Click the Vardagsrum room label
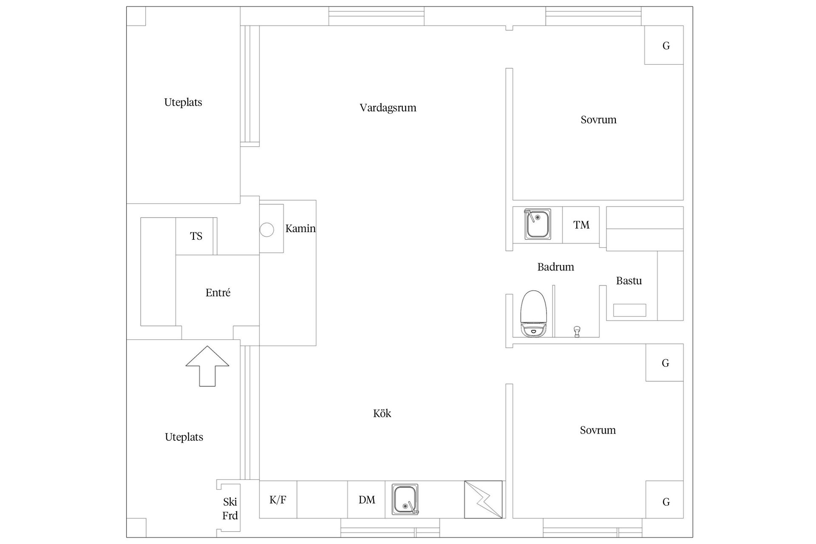(x=388, y=108)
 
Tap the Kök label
(x=382, y=414)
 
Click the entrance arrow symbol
(x=207, y=366)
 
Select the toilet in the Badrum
(x=533, y=313)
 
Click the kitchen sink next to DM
(x=405, y=499)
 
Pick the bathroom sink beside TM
(x=538, y=224)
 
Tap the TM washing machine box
(x=581, y=225)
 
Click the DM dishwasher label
(x=366, y=500)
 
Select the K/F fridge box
(x=278, y=500)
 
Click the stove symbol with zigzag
(x=483, y=499)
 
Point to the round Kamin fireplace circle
(x=267, y=230)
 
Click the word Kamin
(x=300, y=229)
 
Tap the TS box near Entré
(x=196, y=236)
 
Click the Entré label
(x=218, y=293)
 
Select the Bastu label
(x=629, y=281)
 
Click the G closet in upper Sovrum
(x=666, y=45)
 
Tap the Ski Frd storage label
(x=230, y=509)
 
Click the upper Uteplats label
(x=183, y=102)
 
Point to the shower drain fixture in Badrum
(x=577, y=331)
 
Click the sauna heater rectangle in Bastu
(x=629, y=310)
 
